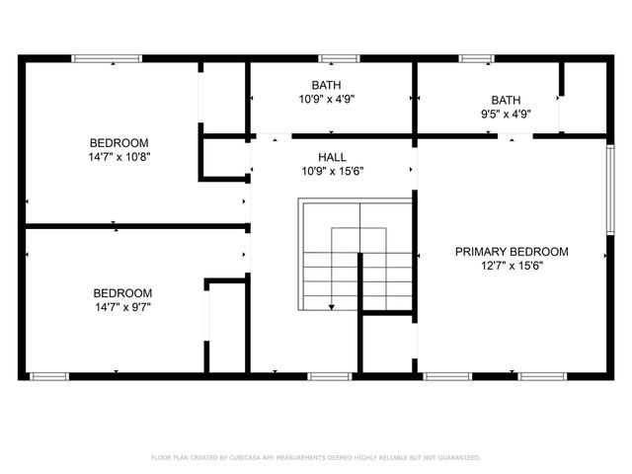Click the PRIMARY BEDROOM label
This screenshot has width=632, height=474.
tap(512, 252)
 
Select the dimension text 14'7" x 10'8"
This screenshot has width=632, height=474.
tap(118, 156)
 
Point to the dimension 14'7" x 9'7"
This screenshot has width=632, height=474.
tap(122, 307)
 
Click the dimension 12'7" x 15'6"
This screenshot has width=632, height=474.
tap(512, 265)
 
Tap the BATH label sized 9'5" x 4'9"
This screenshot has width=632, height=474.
tap(506, 100)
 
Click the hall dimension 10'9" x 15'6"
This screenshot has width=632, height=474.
tap(332, 171)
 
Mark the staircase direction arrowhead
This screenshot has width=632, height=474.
tap(331, 307)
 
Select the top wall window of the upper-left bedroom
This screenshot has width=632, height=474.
tap(101, 59)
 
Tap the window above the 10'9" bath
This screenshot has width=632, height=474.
tap(332, 59)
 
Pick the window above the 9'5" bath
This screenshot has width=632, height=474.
tap(476, 59)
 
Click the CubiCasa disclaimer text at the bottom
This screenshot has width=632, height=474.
tap(316, 457)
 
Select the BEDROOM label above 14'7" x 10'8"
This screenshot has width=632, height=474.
tap(118, 142)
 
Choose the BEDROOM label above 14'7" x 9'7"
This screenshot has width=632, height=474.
tap(122, 293)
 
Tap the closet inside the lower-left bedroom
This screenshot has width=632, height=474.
tap(226, 326)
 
